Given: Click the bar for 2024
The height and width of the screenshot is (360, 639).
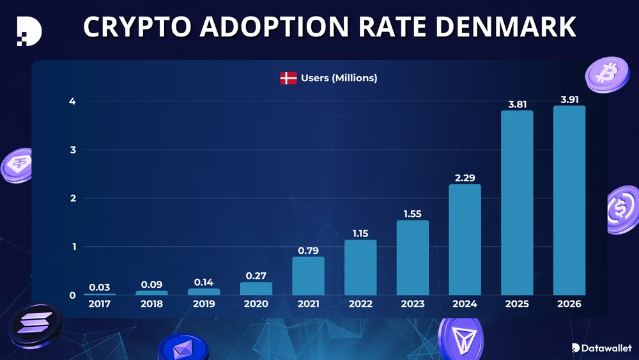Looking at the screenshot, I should [x=465, y=240].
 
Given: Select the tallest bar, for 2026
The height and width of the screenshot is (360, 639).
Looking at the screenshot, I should [x=569, y=201].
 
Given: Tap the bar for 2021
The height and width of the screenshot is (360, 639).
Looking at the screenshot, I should [x=308, y=276].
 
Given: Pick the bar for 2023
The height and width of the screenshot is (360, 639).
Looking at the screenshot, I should [x=413, y=258].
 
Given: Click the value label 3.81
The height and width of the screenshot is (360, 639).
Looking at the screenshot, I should [x=516, y=105].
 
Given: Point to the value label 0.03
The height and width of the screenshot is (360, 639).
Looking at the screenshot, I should [x=100, y=288].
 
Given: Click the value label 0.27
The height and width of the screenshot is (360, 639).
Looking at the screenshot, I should [x=256, y=276].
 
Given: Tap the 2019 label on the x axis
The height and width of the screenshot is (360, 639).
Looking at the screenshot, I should [x=204, y=304].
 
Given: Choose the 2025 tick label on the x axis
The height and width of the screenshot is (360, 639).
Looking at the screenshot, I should [x=516, y=304].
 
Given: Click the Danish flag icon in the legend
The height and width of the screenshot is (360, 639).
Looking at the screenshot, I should [x=288, y=79].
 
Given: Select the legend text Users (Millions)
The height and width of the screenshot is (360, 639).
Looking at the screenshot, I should [x=339, y=78].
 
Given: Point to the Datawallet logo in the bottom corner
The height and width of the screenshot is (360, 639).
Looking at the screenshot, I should [x=601, y=348].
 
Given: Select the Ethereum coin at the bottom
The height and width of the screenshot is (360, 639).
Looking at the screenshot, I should [x=183, y=348].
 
